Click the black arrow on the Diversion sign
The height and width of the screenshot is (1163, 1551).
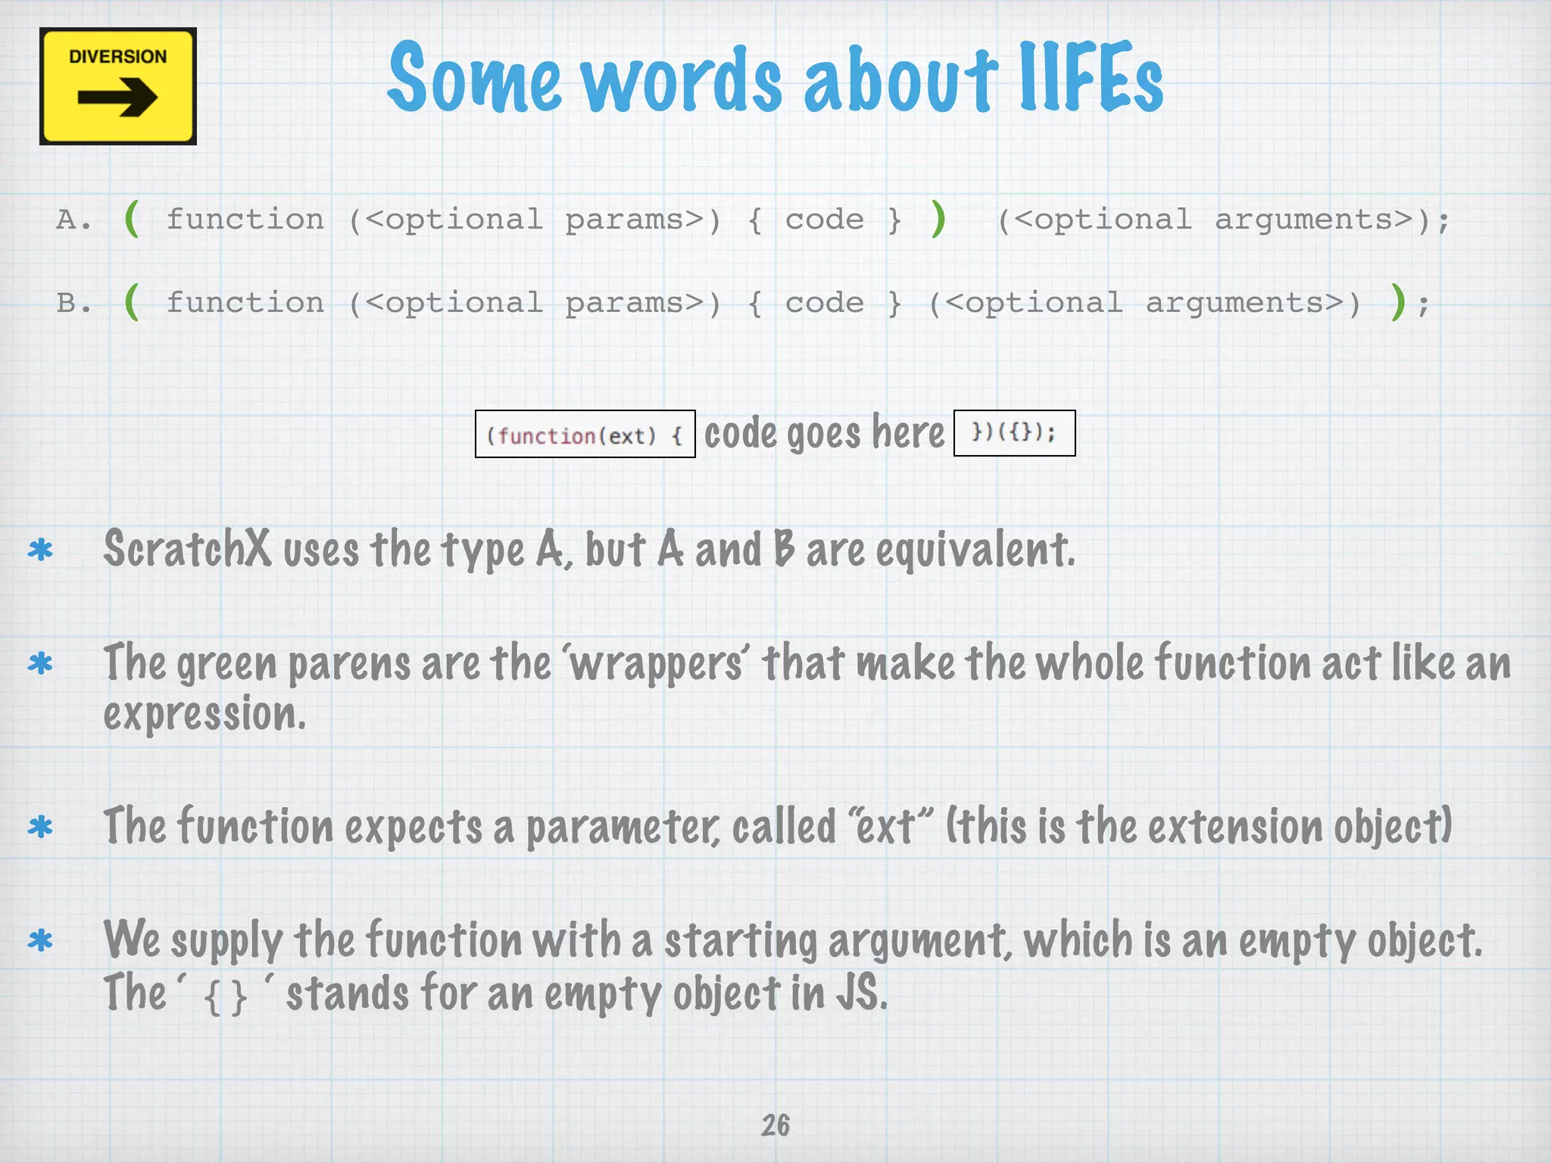coord(117,98)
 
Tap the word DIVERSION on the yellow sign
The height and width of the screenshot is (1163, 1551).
coord(117,57)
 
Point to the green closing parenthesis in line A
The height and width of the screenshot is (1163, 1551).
coord(939,219)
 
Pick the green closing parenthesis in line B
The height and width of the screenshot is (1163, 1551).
coord(1398,302)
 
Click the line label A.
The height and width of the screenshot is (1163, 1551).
coord(73,220)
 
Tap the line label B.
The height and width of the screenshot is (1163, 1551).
coord(73,303)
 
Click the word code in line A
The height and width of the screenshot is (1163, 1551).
coord(824,220)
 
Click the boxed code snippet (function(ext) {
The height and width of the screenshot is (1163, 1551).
coord(585,435)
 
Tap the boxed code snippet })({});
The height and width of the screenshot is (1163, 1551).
coord(1014,432)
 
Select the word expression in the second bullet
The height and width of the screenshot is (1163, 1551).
coord(204,714)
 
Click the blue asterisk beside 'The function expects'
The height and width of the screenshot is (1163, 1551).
coord(40,827)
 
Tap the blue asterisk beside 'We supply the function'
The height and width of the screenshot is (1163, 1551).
coord(40,941)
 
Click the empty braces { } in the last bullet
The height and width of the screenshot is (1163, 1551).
coord(226,996)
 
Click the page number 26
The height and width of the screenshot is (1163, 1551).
coord(775,1125)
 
